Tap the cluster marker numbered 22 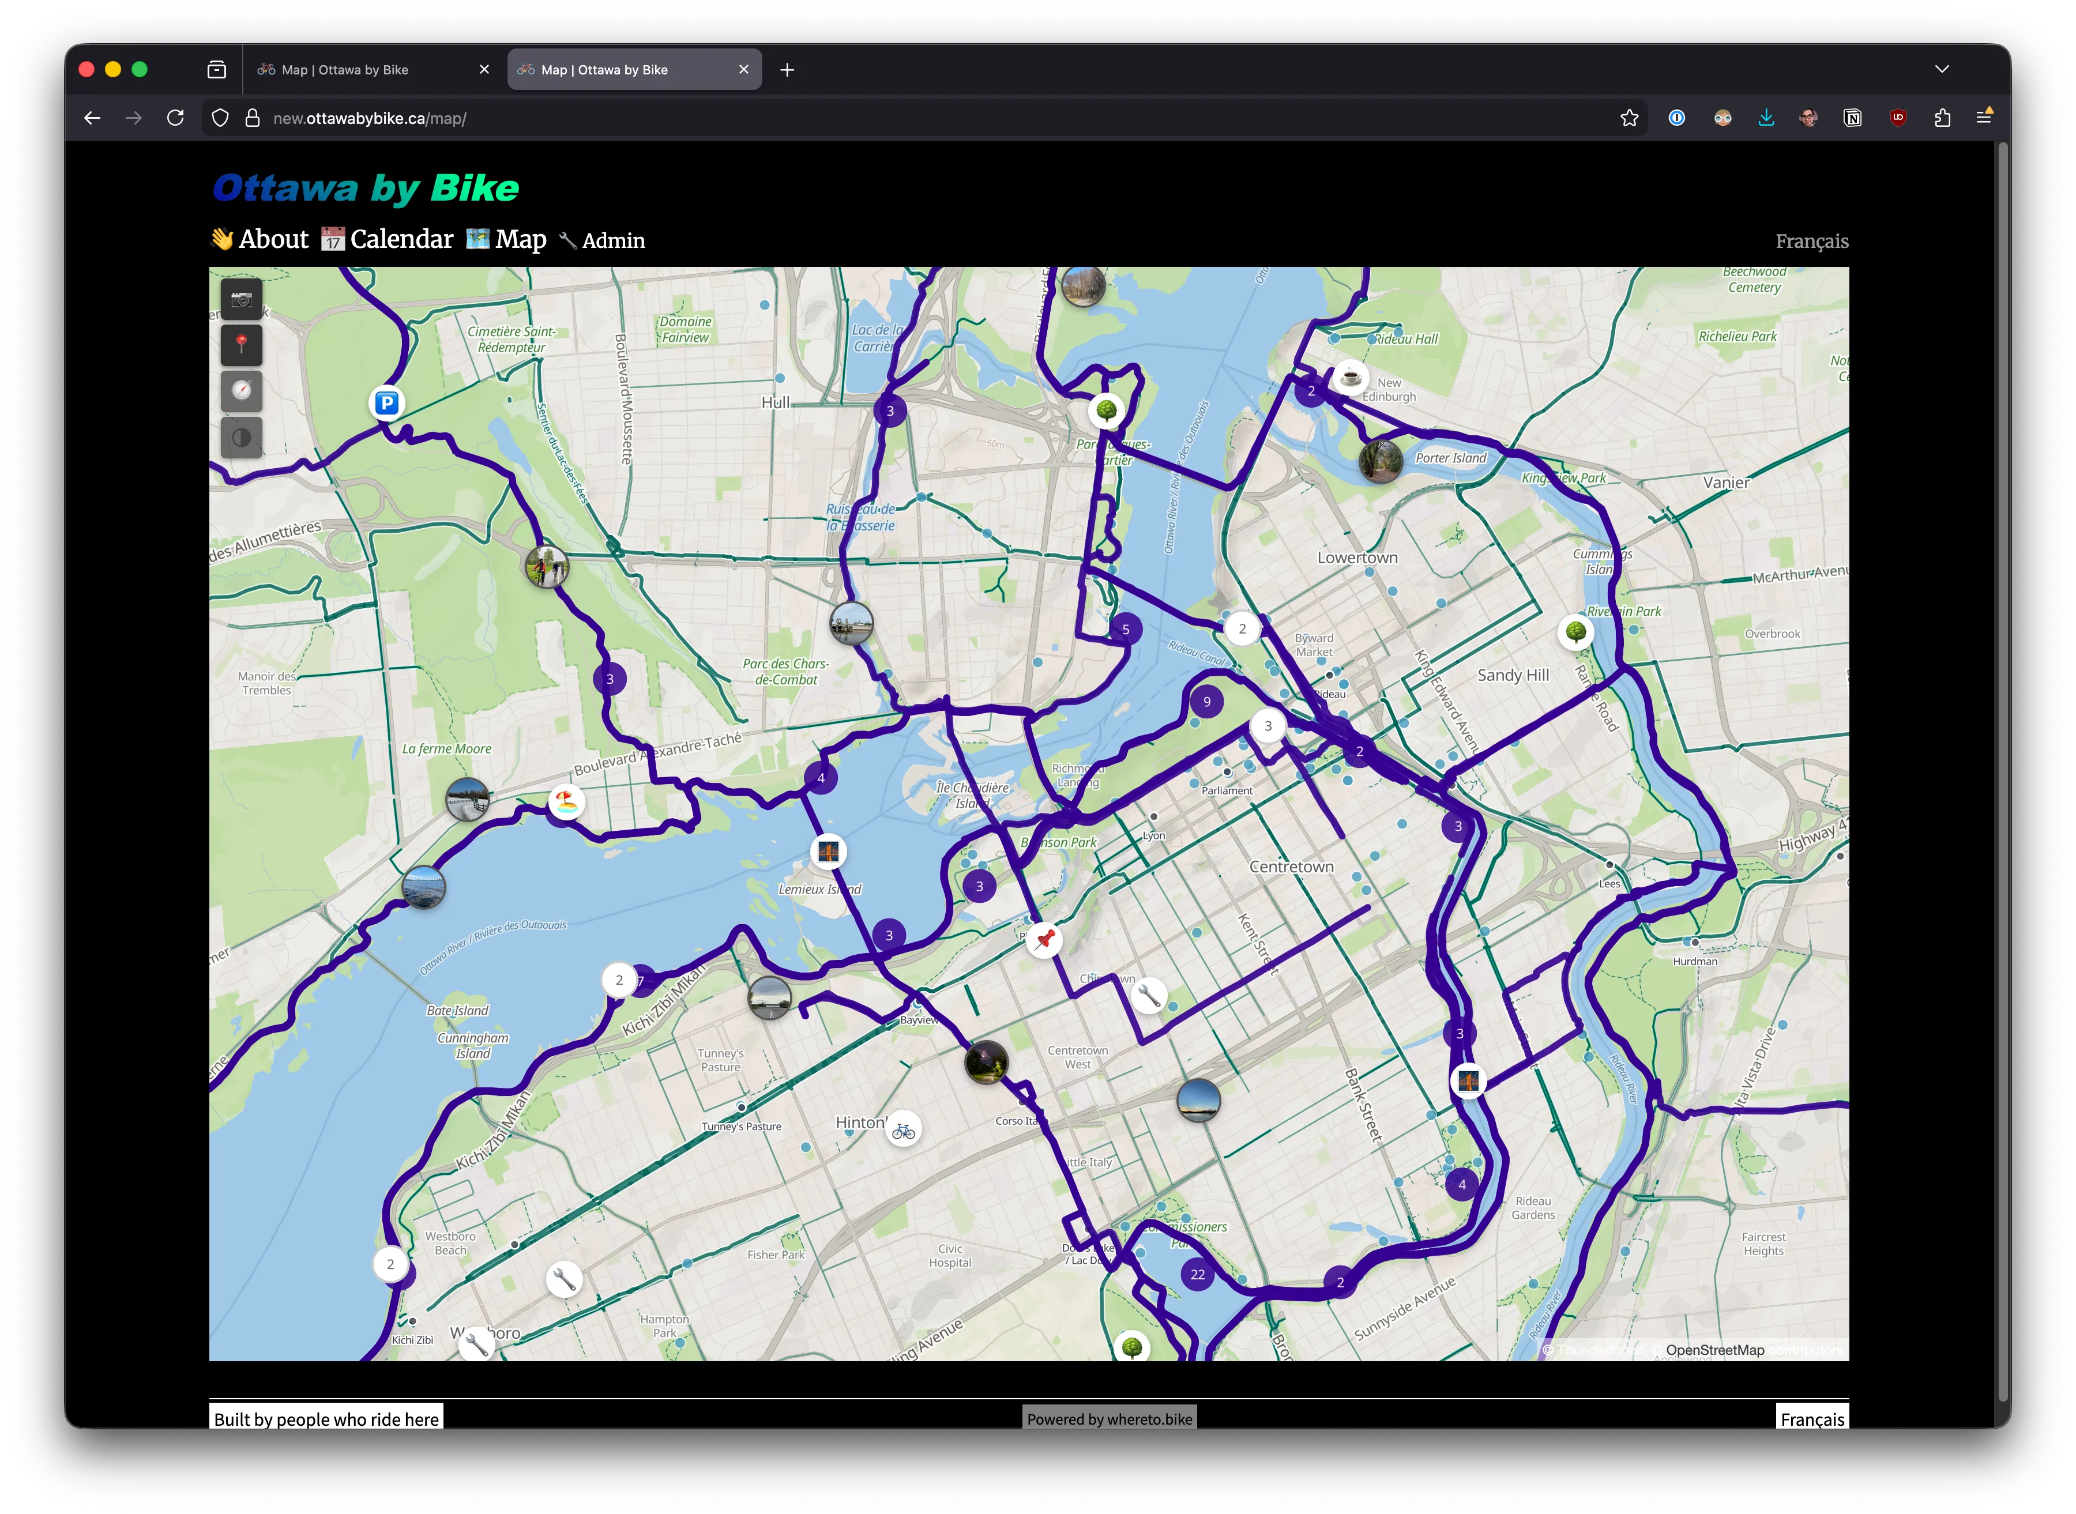[x=1197, y=1274]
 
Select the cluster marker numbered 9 [x=1206, y=702]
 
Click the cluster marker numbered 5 [x=1126, y=630]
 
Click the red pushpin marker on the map [x=1044, y=939]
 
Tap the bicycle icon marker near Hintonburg [x=903, y=1131]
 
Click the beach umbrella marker [x=566, y=802]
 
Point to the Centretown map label [x=1291, y=867]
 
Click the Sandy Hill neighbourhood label [x=1513, y=676]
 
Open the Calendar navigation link [x=388, y=239]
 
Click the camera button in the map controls [x=241, y=299]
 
